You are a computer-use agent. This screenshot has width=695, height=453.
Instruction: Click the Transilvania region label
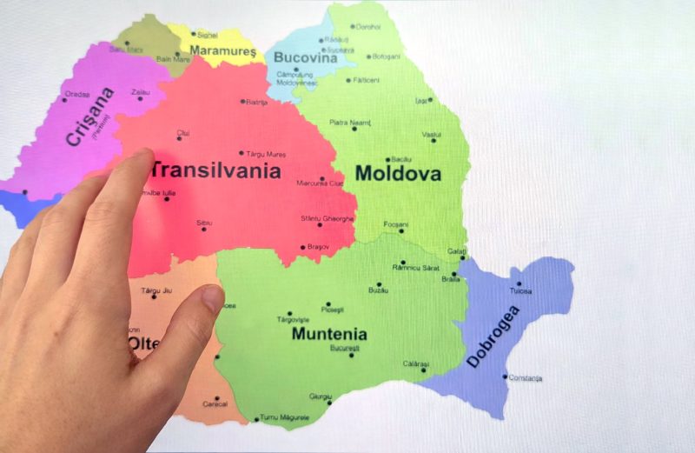[217, 170]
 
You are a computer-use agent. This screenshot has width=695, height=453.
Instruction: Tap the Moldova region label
[398, 173]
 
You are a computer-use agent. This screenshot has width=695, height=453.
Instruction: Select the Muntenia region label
[329, 334]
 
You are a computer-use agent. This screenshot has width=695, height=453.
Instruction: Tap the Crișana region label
[89, 116]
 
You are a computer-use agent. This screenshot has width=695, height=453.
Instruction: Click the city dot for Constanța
[506, 376]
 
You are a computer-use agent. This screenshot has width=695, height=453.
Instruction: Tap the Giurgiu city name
[321, 396]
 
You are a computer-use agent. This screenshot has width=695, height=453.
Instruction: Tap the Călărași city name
[416, 363]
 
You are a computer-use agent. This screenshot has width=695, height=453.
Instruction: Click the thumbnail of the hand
[212, 298]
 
